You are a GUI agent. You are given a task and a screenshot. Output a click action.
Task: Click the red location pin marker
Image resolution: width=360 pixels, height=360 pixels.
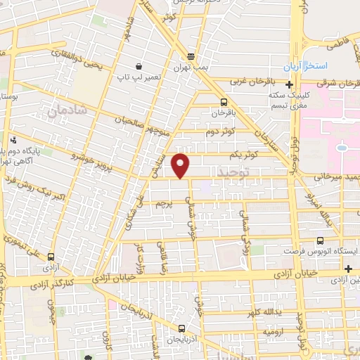[x=181, y=166]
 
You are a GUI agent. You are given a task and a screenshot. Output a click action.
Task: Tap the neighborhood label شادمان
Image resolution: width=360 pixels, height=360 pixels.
[x=69, y=111]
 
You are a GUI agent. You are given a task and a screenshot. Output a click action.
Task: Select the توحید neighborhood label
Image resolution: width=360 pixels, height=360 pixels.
[x=234, y=172]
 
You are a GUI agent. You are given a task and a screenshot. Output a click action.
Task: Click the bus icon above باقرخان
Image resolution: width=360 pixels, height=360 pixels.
[x=224, y=101]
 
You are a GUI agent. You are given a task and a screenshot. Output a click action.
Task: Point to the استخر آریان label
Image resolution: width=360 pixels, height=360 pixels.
[x=307, y=67]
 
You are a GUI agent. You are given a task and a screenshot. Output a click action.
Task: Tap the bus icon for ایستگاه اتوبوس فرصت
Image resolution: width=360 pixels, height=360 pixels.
[x=321, y=240]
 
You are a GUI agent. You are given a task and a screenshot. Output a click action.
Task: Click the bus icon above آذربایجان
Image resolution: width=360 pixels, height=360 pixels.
[x=182, y=328]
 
